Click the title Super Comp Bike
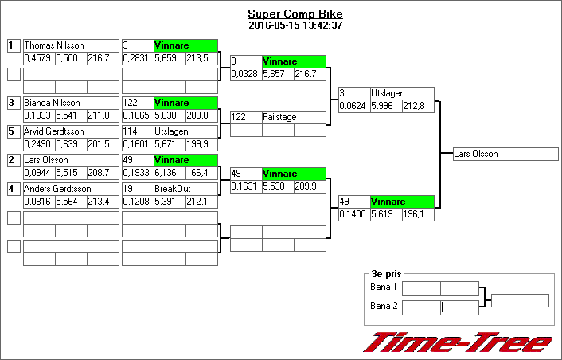[295, 14]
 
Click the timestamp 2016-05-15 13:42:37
[295, 25]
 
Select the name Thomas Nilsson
[54, 45]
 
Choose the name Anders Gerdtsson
[57, 189]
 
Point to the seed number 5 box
[13, 131]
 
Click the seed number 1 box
[13, 45]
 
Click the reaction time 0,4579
[37, 58]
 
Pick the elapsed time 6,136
[168, 173]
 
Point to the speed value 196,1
[416, 214]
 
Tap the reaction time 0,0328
[244, 74]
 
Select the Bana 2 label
[384, 307]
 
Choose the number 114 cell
[136, 131]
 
